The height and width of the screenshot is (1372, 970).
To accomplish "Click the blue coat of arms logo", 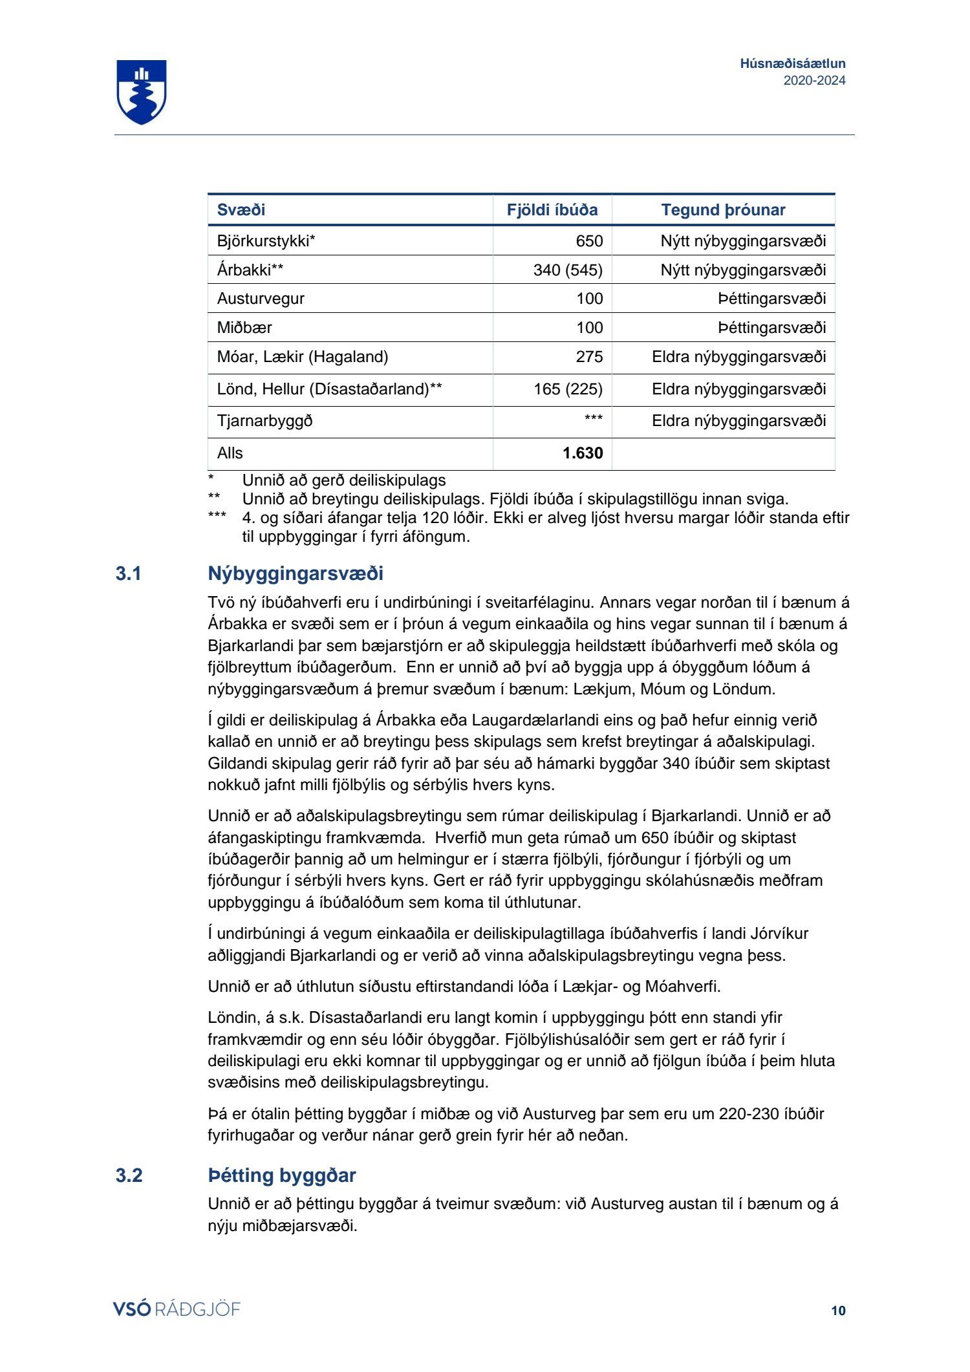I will pyautogui.click(x=142, y=92).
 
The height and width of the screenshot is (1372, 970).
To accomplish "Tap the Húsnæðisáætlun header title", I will pyautogui.click(x=793, y=63).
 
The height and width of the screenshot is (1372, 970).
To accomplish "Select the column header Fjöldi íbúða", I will pyautogui.click(x=552, y=210).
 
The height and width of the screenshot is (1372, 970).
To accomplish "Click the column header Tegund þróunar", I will pyautogui.click(x=723, y=210).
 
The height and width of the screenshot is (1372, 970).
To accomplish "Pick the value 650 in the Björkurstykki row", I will pyautogui.click(x=589, y=241).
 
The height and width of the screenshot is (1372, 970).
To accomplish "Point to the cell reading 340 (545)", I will pyautogui.click(x=568, y=270).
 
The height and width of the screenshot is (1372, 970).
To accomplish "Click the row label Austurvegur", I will pyautogui.click(x=261, y=299).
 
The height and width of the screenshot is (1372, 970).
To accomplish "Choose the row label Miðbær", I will pyautogui.click(x=244, y=328).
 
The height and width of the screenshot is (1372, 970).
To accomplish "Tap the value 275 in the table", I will pyautogui.click(x=589, y=357).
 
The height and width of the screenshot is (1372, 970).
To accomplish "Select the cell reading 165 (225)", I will pyautogui.click(x=568, y=389).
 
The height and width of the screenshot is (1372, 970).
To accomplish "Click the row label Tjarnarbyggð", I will pyautogui.click(x=264, y=421).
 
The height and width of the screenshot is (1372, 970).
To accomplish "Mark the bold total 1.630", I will pyautogui.click(x=583, y=453).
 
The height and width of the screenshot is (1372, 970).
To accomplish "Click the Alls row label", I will pyautogui.click(x=230, y=453).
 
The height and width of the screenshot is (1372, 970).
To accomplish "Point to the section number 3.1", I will pyautogui.click(x=129, y=573).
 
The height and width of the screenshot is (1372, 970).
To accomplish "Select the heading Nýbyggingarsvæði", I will pyautogui.click(x=296, y=573).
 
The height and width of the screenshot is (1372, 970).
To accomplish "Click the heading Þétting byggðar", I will pyautogui.click(x=282, y=1175).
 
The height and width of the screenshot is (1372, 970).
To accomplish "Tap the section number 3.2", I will pyautogui.click(x=129, y=1175).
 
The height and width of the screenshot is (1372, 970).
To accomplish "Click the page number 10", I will pyautogui.click(x=838, y=1311).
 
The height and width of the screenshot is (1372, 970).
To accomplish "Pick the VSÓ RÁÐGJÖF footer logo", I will pyautogui.click(x=177, y=1309).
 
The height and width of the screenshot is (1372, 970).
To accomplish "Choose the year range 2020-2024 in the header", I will pyautogui.click(x=814, y=81).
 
